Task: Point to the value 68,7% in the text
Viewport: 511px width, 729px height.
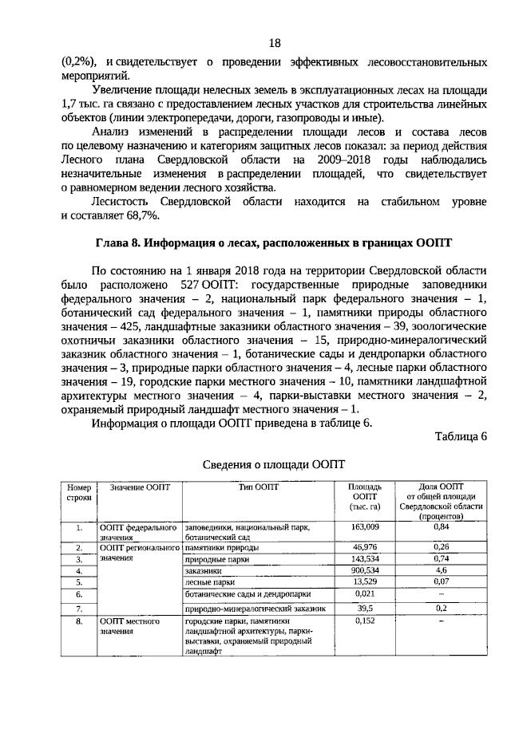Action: coord(142,216)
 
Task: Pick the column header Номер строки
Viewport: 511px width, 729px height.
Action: coord(80,493)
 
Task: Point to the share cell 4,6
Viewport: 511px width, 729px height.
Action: coord(441,571)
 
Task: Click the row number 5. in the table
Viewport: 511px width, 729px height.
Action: coord(80,583)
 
